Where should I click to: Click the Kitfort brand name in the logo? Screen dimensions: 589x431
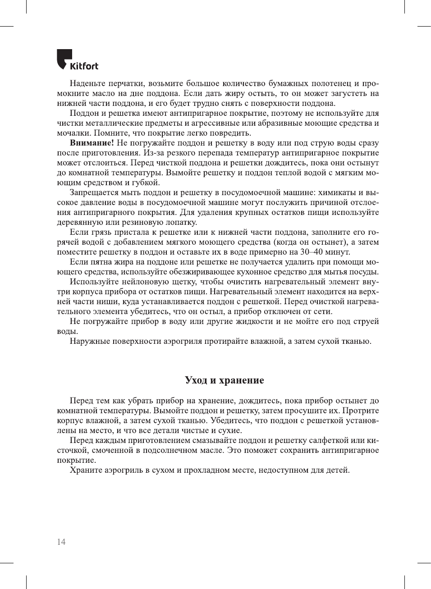pyautogui.click(x=84, y=66)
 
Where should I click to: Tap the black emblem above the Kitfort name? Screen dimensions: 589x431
pyautogui.click(x=64, y=57)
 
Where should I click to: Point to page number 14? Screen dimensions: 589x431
pyautogui.click(x=61, y=542)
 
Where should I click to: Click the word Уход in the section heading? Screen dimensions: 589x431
pyautogui.click(x=196, y=380)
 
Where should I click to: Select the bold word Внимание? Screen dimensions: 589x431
pyautogui.click(x=92, y=143)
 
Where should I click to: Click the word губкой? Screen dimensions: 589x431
pyautogui.click(x=146, y=183)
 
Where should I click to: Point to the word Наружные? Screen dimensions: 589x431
pyautogui.click(x=89, y=341)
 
